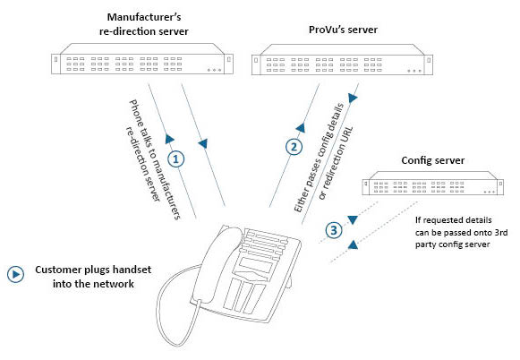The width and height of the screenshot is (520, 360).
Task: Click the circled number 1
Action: [x=176, y=159]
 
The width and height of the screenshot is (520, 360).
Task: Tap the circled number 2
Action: [x=294, y=147]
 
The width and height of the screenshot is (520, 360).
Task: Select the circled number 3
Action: [x=334, y=230]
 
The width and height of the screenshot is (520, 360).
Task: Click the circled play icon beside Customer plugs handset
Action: [x=15, y=274]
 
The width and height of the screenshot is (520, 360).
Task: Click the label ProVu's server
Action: [x=343, y=30]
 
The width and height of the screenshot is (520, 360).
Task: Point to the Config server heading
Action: [x=432, y=160]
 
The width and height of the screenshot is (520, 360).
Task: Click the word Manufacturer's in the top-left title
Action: [x=144, y=17]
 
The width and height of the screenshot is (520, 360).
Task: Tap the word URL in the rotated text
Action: [x=345, y=137]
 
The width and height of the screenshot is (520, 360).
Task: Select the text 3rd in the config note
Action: [x=501, y=232]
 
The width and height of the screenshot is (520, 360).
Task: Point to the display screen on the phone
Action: [x=255, y=266]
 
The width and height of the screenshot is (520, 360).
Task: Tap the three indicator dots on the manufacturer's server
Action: [x=214, y=70]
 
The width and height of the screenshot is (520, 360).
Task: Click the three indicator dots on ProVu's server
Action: [x=414, y=71]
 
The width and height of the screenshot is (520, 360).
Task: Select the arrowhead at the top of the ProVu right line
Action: [x=353, y=98]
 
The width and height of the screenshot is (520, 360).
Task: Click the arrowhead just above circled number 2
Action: [x=301, y=128]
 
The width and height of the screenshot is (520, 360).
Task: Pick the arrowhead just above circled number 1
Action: [x=169, y=139]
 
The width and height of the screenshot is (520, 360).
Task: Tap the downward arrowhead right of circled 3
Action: [x=353, y=220]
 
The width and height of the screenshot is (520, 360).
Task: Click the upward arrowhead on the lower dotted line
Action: [x=353, y=244]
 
